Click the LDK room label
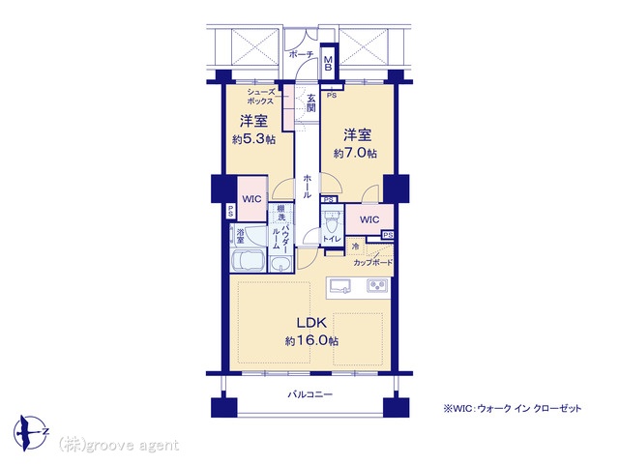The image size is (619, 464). [x=311, y=323]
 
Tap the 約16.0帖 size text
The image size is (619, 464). [x=311, y=340]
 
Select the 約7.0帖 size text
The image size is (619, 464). [x=355, y=153]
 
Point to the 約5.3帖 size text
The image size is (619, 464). [x=253, y=139]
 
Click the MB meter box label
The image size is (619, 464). [x=328, y=64]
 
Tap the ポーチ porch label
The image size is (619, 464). [x=302, y=54]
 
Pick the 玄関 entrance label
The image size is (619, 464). [x=311, y=102]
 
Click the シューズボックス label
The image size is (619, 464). [x=260, y=97]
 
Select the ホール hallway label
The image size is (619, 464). [x=308, y=187]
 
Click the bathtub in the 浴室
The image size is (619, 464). [x=249, y=260]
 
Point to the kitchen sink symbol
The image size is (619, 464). [x=340, y=286]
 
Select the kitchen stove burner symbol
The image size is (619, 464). [x=378, y=285]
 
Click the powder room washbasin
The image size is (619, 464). [x=280, y=264]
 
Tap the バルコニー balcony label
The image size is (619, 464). [x=309, y=394]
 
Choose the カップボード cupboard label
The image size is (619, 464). [x=372, y=262]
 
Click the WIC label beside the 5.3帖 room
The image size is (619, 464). [x=251, y=199]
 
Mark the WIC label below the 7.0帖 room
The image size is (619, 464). [x=369, y=219]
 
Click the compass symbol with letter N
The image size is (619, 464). [x=31, y=433]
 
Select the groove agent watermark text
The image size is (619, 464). [x=118, y=446]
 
